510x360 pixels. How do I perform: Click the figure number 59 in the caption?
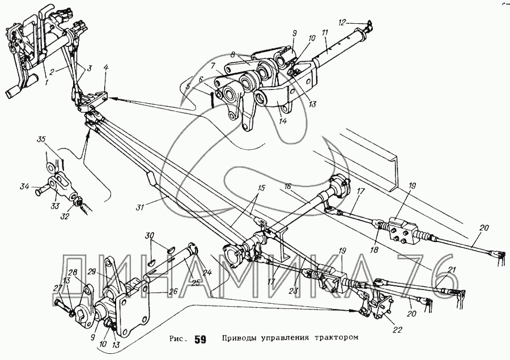[199, 340]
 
